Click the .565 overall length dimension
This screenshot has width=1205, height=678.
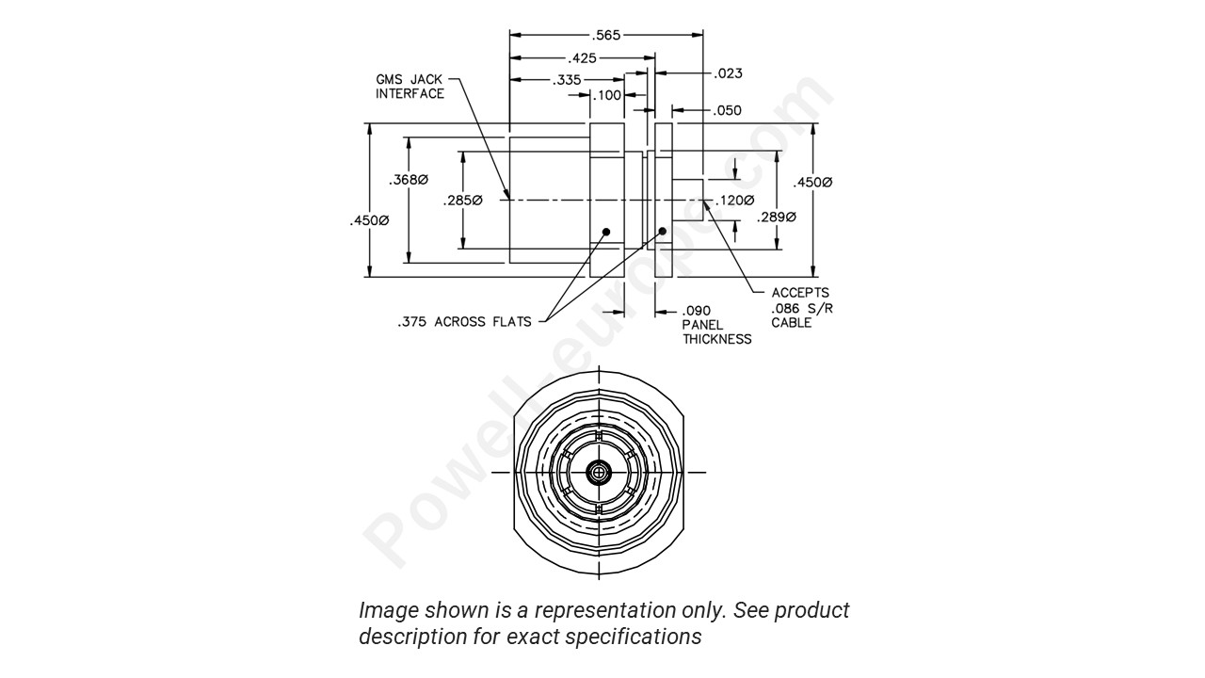click(x=607, y=35)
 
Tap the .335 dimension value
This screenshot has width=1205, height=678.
click(x=568, y=80)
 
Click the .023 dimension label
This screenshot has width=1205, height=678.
click(x=729, y=73)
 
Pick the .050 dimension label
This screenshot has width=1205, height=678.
click(x=727, y=110)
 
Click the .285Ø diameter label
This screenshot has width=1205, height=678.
click(x=462, y=201)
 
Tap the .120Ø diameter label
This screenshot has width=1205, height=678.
click(x=734, y=201)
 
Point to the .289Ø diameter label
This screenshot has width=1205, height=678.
click(x=777, y=218)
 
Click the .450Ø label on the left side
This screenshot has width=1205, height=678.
click(x=368, y=220)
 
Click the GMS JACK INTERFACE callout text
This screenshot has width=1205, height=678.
click(x=410, y=87)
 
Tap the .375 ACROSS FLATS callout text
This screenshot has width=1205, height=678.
click(x=464, y=322)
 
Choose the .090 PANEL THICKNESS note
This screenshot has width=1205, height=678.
click(x=716, y=325)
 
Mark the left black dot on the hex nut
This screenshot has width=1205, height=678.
click(x=606, y=231)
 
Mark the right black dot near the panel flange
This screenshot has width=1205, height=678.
click(x=663, y=231)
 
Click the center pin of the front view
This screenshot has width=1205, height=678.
click(x=599, y=473)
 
